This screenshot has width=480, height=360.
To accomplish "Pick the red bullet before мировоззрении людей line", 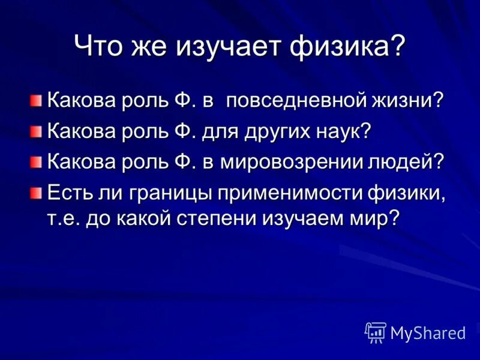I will click(37, 161).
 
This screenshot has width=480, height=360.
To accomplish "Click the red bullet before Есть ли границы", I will click(37, 193).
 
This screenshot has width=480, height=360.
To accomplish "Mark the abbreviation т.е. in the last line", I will click(62, 218).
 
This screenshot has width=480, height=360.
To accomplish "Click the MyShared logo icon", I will click(376, 332).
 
